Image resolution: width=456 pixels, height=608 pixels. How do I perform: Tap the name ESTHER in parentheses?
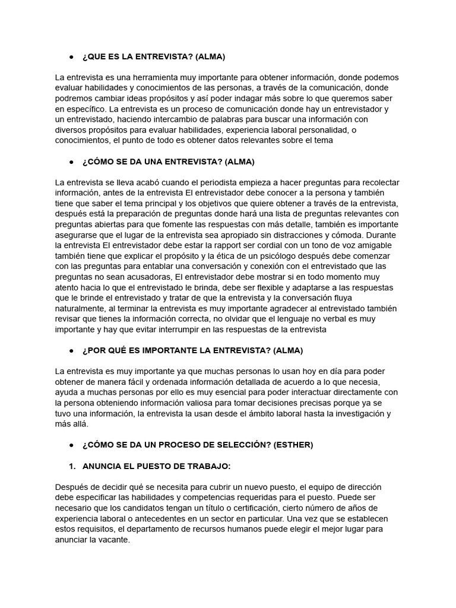click(x=294, y=445)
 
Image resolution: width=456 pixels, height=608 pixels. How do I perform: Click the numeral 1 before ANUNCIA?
click(x=71, y=465)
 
